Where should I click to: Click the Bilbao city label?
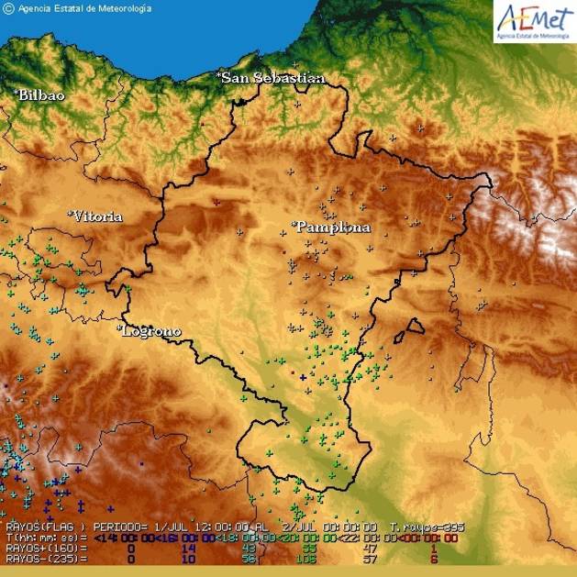point(42,94)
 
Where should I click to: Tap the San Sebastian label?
point(272,78)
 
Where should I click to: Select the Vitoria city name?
point(97,216)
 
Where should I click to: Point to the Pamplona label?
point(332,227)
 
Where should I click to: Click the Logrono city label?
point(151,330)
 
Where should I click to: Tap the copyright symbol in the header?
point(8,8)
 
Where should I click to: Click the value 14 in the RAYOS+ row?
point(190,548)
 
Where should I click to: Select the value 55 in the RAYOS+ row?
point(308,548)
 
